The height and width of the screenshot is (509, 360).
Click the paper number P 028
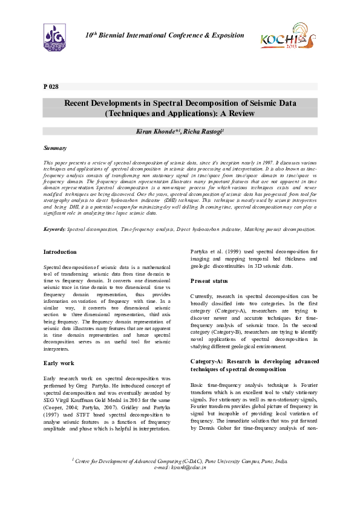point(51,87)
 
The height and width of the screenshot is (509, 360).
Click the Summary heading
point(55,148)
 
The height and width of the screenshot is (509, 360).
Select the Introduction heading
point(60,251)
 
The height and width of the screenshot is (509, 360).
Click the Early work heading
point(58,363)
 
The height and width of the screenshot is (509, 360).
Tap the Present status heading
point(209,280)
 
